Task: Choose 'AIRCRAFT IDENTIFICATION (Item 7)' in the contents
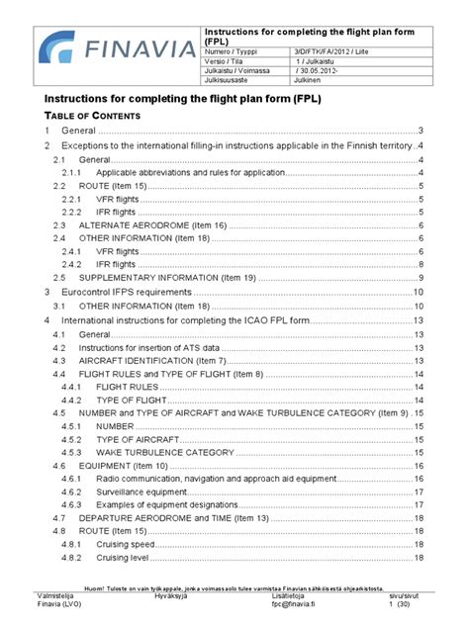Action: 168,362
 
